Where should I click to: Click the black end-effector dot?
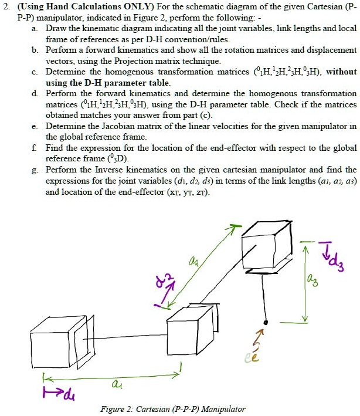point(266,323)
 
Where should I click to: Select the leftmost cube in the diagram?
point(56,340)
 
